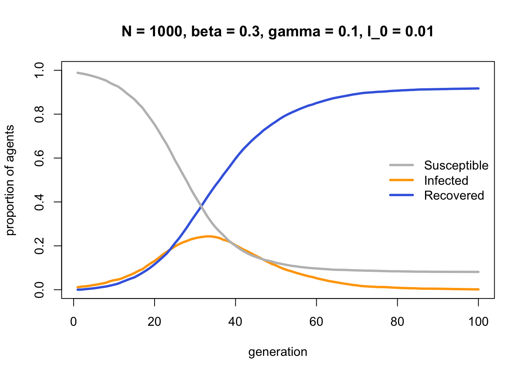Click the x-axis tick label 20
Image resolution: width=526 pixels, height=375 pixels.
155,322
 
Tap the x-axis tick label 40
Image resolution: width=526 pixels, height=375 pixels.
235,322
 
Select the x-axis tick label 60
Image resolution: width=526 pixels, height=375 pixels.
316,322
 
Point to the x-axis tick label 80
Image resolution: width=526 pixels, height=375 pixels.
397,322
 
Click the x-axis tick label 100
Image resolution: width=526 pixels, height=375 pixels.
478,322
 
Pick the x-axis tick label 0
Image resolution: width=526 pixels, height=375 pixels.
74,322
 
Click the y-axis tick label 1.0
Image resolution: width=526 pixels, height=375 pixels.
39,70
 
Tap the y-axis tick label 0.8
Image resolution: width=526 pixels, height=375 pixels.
39,114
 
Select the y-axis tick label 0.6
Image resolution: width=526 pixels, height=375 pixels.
39,158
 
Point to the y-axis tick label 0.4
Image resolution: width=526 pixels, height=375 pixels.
39,202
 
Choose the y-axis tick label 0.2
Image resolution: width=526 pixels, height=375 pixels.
39,246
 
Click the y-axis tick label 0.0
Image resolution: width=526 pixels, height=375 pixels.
39,290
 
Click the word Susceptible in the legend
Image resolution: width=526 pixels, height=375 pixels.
456,166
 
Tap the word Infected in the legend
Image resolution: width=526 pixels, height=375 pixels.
446,180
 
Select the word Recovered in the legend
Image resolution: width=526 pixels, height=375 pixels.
454,195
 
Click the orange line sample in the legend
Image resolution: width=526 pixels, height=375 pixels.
402,180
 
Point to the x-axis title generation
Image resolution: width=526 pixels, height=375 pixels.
278,352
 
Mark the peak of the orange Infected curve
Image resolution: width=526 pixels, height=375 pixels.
208,236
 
